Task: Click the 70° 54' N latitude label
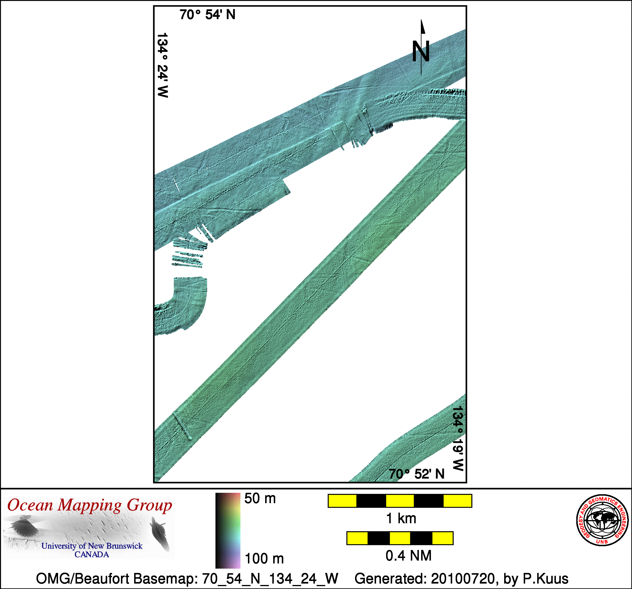click(x=207, y=15)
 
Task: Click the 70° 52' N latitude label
click(x=417, y=474)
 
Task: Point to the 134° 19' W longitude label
click(x=458, y=438)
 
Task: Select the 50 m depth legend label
click(x=260, y=499)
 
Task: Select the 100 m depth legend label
click(x=264, y=559)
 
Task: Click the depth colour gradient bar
click(x=228, y=530)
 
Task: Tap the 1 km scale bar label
click(x=401, y=518)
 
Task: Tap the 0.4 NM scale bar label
click(x=409, y=556)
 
